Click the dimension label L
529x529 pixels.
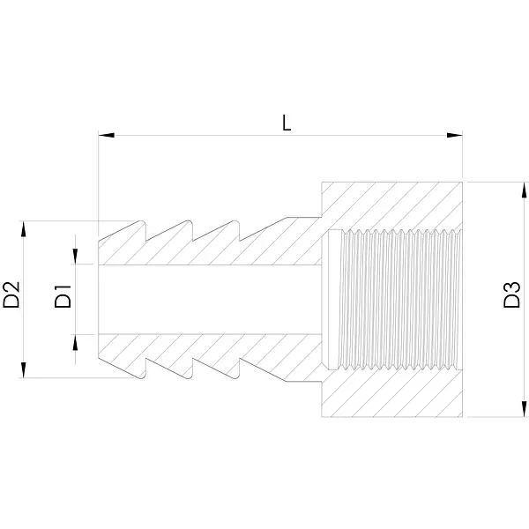287,123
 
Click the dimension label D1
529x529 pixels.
63,296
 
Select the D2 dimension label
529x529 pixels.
11,294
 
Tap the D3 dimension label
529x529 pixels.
511,294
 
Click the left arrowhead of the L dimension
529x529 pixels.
106,135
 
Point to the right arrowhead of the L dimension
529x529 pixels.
454,135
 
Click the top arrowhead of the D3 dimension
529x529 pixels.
524,190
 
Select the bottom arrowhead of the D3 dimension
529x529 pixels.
524,409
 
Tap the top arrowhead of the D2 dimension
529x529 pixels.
23,228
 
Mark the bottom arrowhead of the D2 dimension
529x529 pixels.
23,370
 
